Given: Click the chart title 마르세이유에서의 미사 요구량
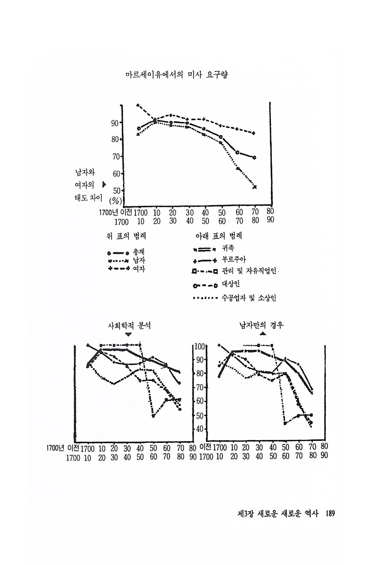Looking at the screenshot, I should click(175, 75).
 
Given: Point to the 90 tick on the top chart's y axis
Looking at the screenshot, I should click(115, 123).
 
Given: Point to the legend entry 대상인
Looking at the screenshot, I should click(231, 285).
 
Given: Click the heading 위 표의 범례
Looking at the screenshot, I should click(126, 236).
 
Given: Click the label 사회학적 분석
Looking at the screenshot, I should click(129, 326).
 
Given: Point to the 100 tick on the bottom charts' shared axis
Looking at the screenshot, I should click(200, 347).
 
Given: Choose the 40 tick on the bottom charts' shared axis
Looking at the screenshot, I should click(201, 429).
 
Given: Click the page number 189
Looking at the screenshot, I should click(330, 514).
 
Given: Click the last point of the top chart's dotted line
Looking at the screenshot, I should click(254, 187).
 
